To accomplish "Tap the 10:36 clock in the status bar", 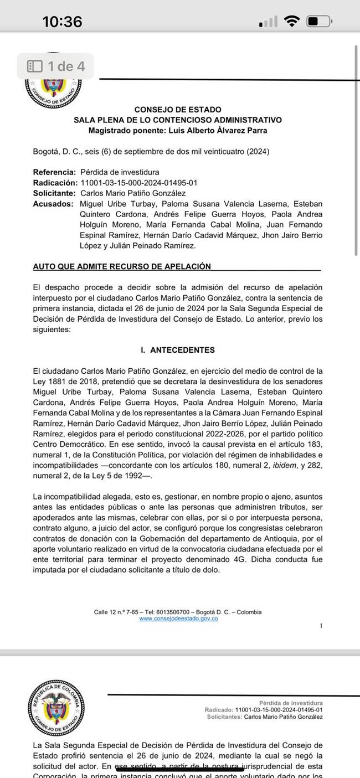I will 62,22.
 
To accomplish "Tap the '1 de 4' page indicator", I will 56,66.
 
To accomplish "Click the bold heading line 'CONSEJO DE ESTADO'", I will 178,110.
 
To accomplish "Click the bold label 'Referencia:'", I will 54,172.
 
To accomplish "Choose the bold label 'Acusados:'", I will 53,204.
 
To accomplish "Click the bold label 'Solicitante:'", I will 54,193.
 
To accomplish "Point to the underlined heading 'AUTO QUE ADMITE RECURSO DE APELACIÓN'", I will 122,266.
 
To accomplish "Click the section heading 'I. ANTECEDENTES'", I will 178,350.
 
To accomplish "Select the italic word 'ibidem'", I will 284,465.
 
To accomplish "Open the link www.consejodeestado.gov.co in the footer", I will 178,619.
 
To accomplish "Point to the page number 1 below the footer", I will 321,625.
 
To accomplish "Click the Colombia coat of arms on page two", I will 56,707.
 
